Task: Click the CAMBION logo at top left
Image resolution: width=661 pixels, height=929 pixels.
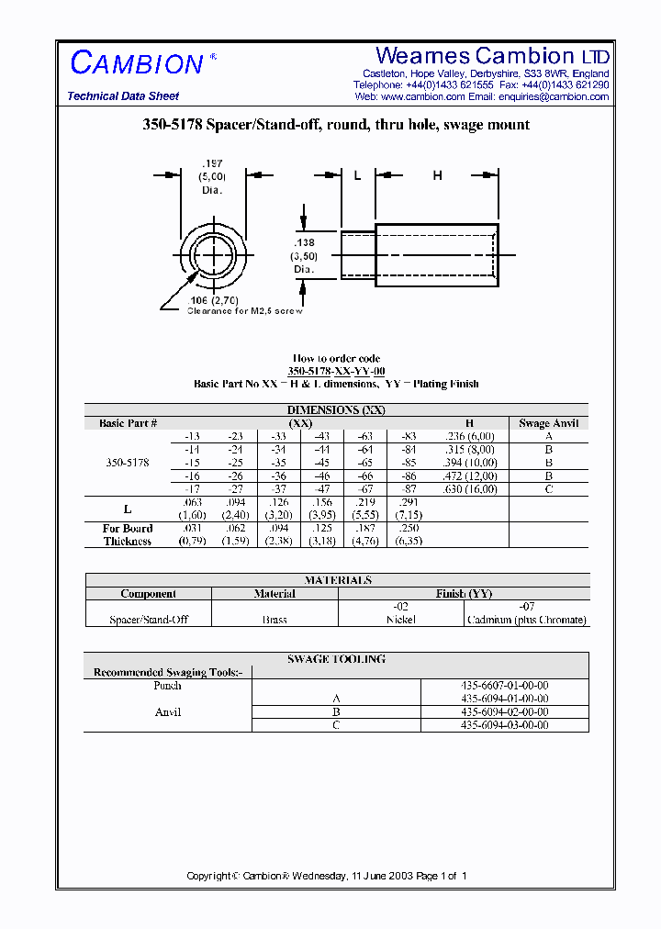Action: [137, 63]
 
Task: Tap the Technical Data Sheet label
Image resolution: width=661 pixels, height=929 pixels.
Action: [123, 96]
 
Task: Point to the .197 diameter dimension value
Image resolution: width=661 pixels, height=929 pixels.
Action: [212, 163]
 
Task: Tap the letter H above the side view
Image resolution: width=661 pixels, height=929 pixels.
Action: [437, 175]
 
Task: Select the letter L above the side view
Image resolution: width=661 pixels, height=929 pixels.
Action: [357, 175]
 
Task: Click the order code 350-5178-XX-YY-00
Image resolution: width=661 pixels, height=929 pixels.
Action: [336, 371]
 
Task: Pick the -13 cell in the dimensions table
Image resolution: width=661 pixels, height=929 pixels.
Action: [192, 436]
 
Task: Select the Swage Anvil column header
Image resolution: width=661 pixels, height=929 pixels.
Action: [548, 423]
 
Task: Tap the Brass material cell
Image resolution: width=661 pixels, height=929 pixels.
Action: [274, 620]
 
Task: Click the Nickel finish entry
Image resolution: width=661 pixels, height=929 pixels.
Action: [401, 620]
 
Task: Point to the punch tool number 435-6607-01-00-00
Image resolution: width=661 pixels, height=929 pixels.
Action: [505, 686]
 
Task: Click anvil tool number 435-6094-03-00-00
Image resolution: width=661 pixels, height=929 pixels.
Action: [505, 725]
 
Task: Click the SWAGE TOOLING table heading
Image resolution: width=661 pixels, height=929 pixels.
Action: [336, 659]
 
